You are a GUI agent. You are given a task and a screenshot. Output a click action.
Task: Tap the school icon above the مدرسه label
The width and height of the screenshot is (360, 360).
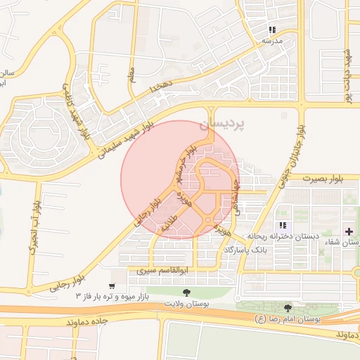pyautogui.click(x=272, y=30)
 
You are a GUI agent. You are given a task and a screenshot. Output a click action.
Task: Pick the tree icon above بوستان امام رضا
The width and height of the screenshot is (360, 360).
pyautogui.click(x=288, y=308)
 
